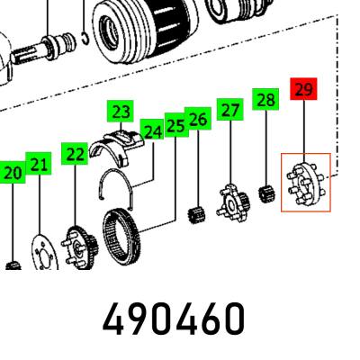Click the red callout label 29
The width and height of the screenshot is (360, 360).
coord(303,89)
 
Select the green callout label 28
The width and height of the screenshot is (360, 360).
coord(265,99)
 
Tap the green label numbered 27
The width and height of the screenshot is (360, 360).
coord(230,110)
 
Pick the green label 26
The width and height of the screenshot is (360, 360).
coord(198,119)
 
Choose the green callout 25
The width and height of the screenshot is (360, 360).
coord(176,125)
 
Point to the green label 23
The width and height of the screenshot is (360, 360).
coord(121,112)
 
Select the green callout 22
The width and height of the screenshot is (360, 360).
coord(75,154)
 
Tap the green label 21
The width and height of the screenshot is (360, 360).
coord(39,164)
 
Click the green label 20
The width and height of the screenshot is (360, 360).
coord(13,172)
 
